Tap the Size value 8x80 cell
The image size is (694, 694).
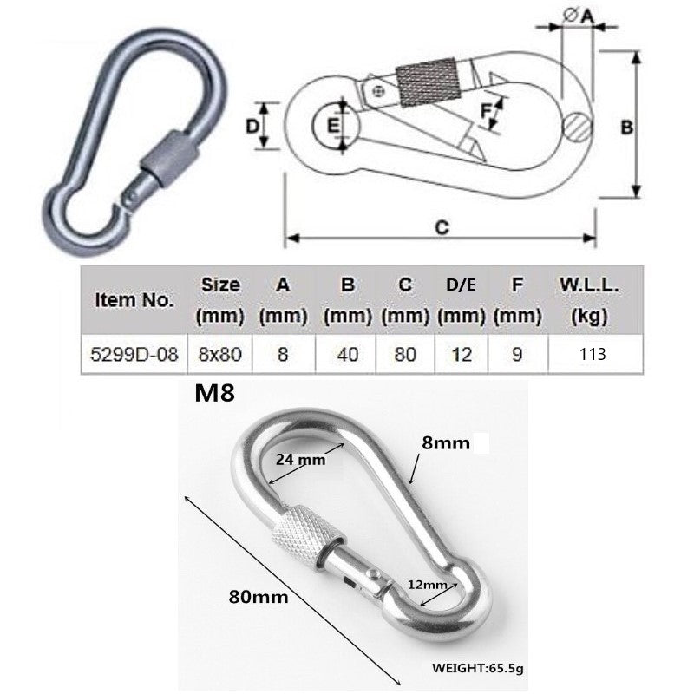(219, 354)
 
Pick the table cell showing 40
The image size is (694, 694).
(348, 354)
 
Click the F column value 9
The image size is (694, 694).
(517, 354)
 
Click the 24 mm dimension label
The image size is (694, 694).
(300, 461)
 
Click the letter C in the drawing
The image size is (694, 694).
(441, 227)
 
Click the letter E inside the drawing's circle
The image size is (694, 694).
(333, 127)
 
